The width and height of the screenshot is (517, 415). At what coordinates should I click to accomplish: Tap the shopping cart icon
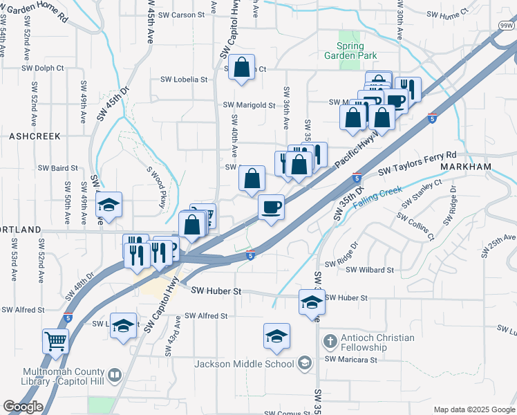(x=56, y=340)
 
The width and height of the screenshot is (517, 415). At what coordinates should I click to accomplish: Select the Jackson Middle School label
(x=244, y=364)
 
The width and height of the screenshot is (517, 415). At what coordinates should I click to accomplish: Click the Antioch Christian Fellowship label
(x=377, y=342)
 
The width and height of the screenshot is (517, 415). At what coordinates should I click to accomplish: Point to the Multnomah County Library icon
(x=115, y=376)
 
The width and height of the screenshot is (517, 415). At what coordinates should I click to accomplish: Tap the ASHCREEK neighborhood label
(x=35, y=137)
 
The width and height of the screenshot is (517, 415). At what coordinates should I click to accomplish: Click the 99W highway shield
(x=507, y=26)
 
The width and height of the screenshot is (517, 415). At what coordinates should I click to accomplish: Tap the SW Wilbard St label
(x=369, y=270)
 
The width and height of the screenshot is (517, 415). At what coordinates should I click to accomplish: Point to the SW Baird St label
(x=58, y=167)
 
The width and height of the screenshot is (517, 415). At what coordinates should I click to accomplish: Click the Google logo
(x=23, y=407)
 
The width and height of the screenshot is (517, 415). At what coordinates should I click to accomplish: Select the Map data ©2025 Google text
(x=473, y=409)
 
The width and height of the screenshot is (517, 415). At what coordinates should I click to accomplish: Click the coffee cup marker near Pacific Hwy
(x=271, y=207)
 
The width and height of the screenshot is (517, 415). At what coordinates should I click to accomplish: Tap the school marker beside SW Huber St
(x=312, y=302)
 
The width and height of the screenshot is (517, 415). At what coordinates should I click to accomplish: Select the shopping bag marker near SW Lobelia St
(x=242, y=68)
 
